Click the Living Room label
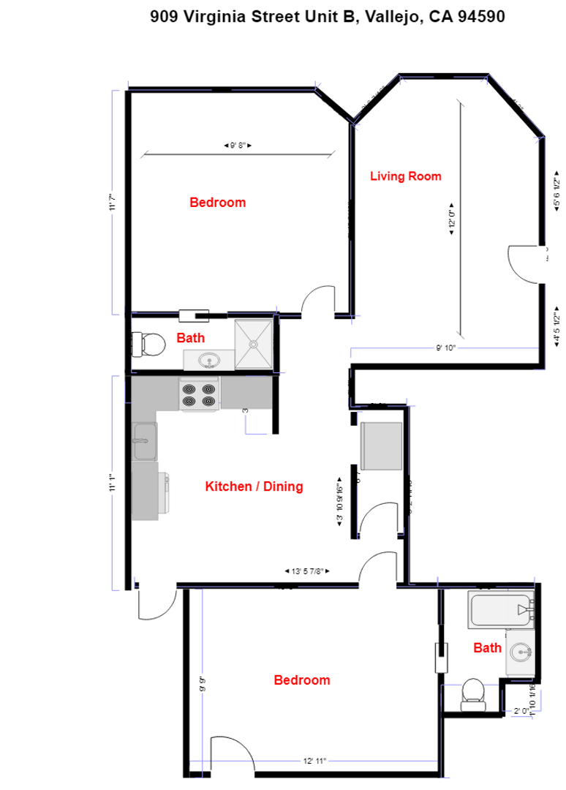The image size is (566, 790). click(405, 176)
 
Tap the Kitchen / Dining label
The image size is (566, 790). click(254, 486)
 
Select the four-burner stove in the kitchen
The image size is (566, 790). click(200, 395)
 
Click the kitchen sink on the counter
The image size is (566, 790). click(144, 442)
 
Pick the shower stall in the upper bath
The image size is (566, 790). click(253, 342)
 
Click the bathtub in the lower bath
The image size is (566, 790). click(502, 610)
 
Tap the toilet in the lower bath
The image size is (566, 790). click(472, 694)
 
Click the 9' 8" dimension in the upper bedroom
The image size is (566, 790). click(238, 146)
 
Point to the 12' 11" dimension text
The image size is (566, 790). click(312, 761)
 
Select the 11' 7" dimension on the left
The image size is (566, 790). click(113, 201)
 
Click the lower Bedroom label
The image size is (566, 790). click(301, 680)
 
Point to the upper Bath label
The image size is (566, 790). click(191, 338)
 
